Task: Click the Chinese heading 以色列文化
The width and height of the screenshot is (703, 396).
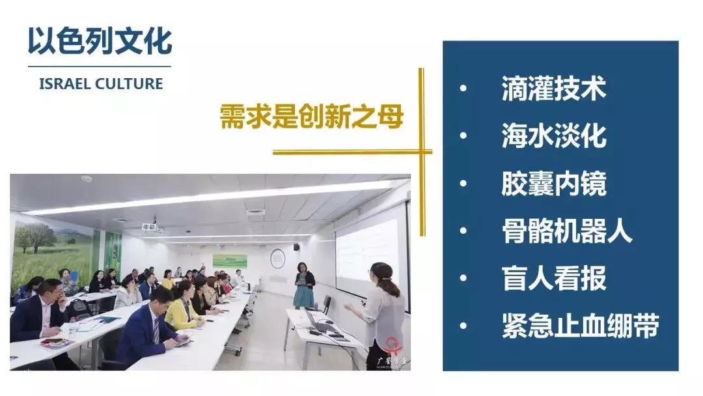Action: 100,41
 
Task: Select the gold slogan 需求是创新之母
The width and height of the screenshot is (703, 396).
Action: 312,117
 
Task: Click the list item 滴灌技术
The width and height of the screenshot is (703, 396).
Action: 554,89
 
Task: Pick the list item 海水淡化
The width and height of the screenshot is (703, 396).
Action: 554,135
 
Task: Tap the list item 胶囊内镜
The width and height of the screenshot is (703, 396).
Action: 554,183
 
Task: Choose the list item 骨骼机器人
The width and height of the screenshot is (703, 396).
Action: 567,231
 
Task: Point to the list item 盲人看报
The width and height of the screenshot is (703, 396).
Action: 554,278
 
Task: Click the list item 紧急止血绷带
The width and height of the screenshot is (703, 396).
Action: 580,326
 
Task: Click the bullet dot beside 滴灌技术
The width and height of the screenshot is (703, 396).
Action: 463,89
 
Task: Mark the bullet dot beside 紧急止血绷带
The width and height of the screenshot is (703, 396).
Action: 463,326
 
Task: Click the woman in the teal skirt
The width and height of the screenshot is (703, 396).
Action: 304,286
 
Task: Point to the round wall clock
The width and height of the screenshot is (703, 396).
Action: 277,259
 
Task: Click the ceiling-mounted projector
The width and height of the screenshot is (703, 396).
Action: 150,227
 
